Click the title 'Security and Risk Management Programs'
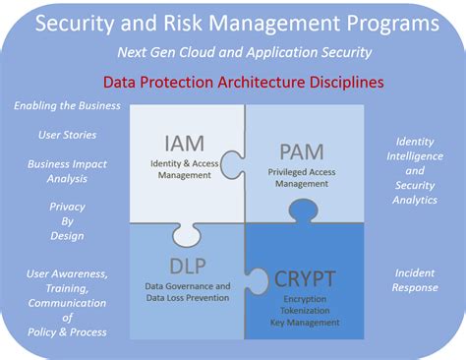pyautogui.click(x=233, y=22)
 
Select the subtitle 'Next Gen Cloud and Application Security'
pyautogui.click(x=233, y=52)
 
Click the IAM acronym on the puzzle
pyautogui.click(x=186, y=145)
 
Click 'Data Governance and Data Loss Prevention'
pyautogui.click(x=181, y=292)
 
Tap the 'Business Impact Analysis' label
pyautogui.click(x=67, y=171)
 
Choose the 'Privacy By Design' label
pyautogui.click(x=67, y=221)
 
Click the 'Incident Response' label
pyautogui.click(x=414, y=279)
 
